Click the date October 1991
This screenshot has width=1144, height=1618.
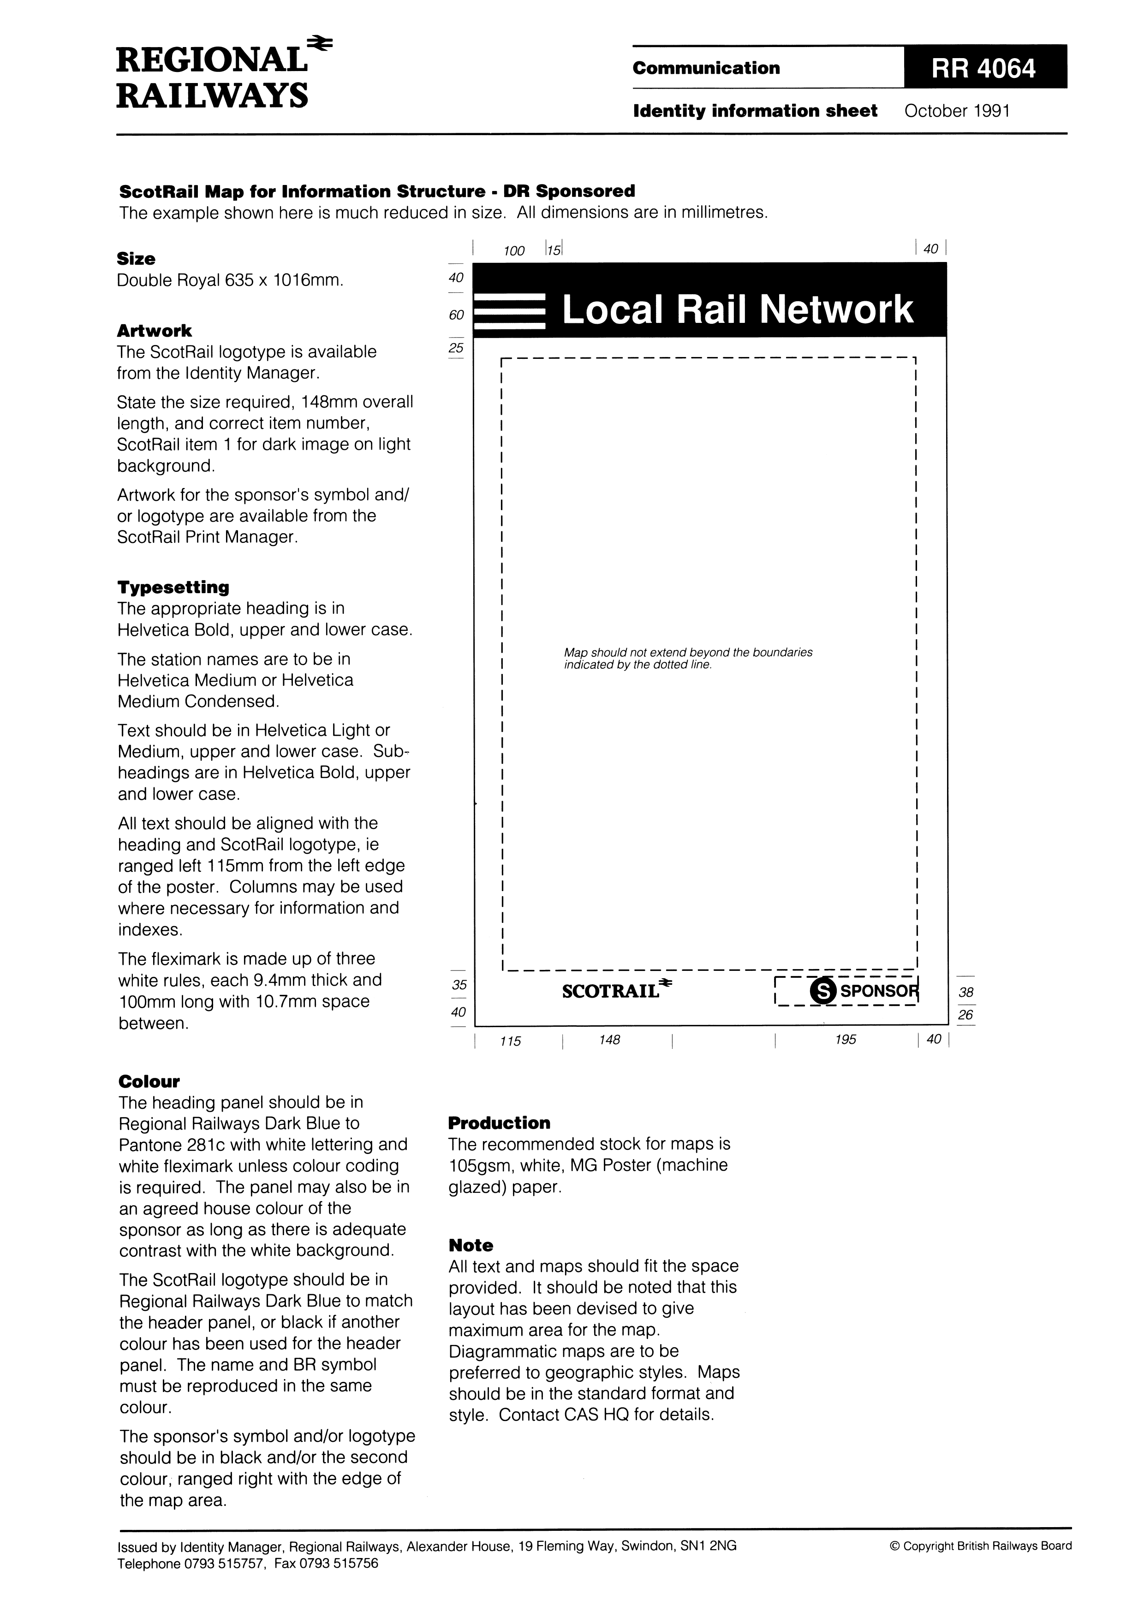[957, 111]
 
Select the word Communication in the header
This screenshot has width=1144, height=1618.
[706, 68]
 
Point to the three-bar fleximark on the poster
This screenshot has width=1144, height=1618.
[510, 311]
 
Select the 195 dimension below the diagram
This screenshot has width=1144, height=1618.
[845, 1040]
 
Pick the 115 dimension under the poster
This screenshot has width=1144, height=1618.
[510, 1041]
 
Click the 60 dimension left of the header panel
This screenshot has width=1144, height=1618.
[456, 315]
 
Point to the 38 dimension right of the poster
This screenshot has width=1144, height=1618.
[965, 992]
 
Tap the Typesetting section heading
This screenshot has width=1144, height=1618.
[173, 587]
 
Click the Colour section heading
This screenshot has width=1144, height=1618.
[149, 1081]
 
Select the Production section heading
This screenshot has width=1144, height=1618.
[499, 1123]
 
